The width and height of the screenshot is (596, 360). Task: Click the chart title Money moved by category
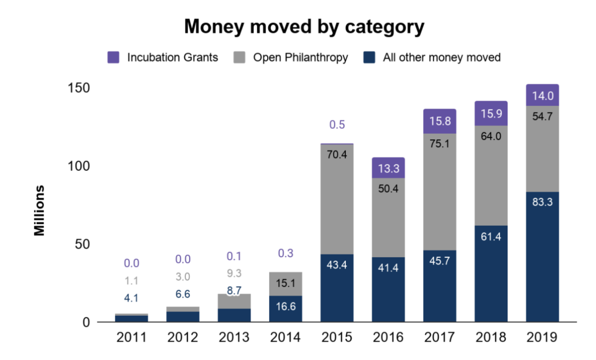(304, 27)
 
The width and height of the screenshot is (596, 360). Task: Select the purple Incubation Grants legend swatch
(113, 57)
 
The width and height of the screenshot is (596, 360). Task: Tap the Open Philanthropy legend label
(300, 57)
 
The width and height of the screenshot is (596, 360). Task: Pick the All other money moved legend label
(441, 57)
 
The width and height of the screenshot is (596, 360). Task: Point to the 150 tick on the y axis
(79, 88)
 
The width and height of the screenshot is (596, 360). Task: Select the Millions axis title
(40, 210)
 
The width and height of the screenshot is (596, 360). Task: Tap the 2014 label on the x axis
(285, 338)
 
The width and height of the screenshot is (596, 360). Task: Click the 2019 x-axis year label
(542, 338)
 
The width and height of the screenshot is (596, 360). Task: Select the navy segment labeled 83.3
(542, 257)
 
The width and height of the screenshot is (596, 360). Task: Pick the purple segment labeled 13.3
(388, 168)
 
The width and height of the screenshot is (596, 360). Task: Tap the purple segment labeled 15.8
(440, 121)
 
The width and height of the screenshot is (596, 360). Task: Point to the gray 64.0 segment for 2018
(491, 176)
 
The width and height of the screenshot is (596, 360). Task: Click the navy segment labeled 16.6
(285, 309)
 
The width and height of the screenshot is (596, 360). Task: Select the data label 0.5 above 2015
(337, 125)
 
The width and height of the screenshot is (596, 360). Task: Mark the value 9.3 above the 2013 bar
(234, 274)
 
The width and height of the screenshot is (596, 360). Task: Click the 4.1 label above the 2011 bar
(131, 298)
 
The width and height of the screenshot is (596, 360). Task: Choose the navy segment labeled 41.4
(388, 290)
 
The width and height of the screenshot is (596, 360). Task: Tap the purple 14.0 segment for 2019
(542, 95)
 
